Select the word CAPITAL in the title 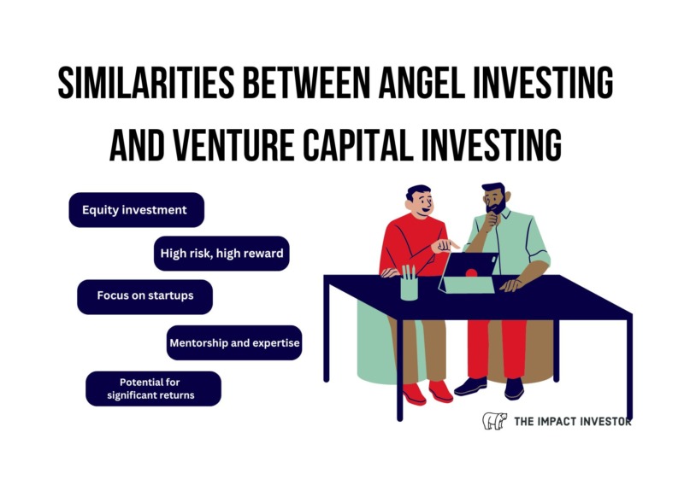click(357, 145)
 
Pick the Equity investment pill click(137, 210)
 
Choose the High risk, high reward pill click(221, 254)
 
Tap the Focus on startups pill click(144, 297)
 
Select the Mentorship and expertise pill click(234, 343)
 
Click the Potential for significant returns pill click(154, 389)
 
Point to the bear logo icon click(495, 421)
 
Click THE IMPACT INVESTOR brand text click(572, 421)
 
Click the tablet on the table click(468, 272)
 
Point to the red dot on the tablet click(472, 273)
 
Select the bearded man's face click(495, 202)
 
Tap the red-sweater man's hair click(417, 191)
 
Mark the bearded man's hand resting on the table click(511, 285)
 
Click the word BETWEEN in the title click(307, 82)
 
